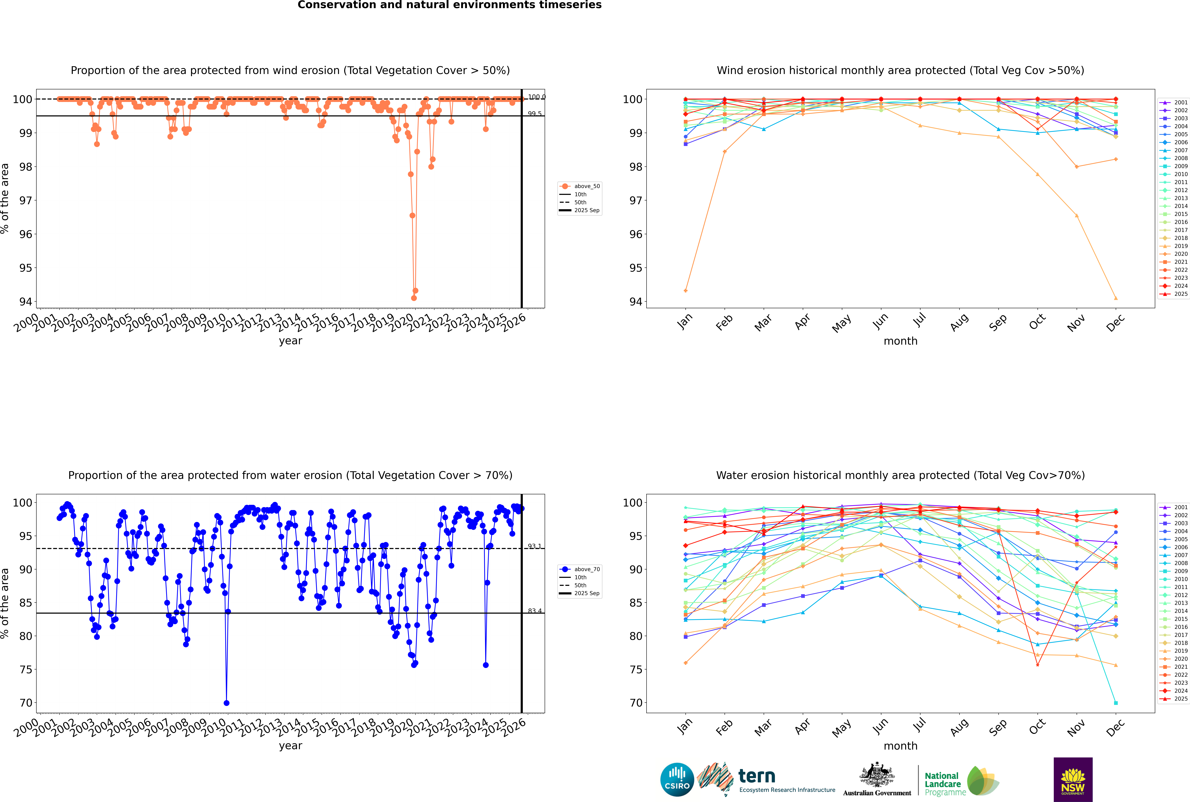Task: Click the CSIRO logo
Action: pyautogui.click(x=677, y=780)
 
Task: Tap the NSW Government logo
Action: pyautogui.click(x=1073, y=779)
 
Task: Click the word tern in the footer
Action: pyautogui.click(x=757, y=776)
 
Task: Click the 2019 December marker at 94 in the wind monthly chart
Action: pyautogui.click(x=1116, y=298)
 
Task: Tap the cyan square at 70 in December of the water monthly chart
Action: pyautogui.click(x=1116, y=703)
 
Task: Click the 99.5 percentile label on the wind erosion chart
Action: pyautogui.click(x=535, y=114)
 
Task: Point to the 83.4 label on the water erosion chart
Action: pyautogui.click(x=535, y=611)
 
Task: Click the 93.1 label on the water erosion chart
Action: pyautogui.click(x=535, y=546)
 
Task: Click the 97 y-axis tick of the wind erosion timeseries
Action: pyautogui.click(x=26, y=201)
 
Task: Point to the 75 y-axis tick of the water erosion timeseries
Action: pyautogui.click(x=26, y=669)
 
